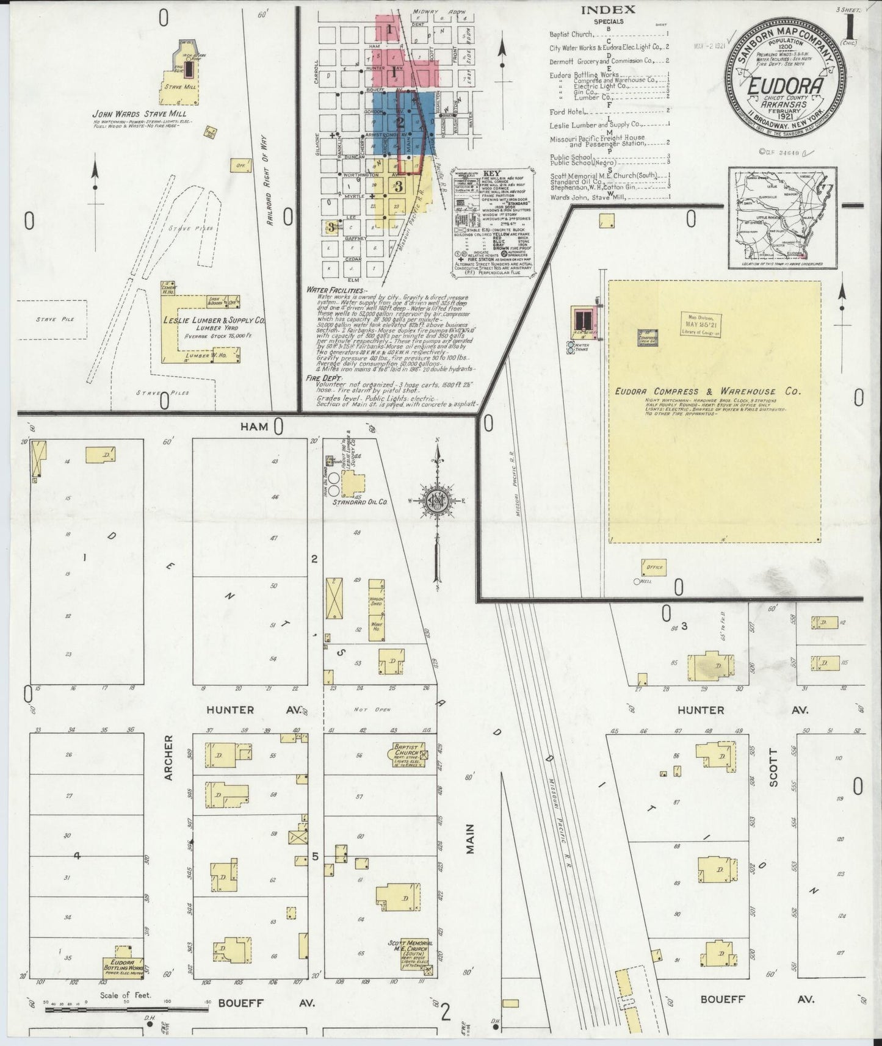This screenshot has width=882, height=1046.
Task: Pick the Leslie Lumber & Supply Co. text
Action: (213, 320)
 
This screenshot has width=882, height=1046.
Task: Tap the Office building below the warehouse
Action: (653, 567)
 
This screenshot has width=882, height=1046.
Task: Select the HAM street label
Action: (254, 427)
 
